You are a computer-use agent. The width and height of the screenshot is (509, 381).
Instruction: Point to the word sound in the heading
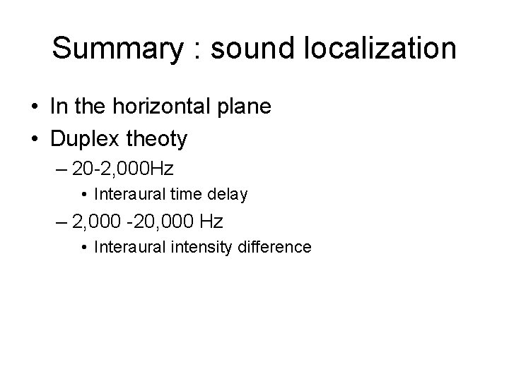tap(245, 49)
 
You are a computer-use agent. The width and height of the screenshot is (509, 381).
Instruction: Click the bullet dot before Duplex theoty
tap(35, 140)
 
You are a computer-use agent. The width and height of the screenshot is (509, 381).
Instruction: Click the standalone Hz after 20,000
tap(211, 222)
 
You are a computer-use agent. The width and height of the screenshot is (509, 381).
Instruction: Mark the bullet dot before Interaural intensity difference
tap(84, 247)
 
